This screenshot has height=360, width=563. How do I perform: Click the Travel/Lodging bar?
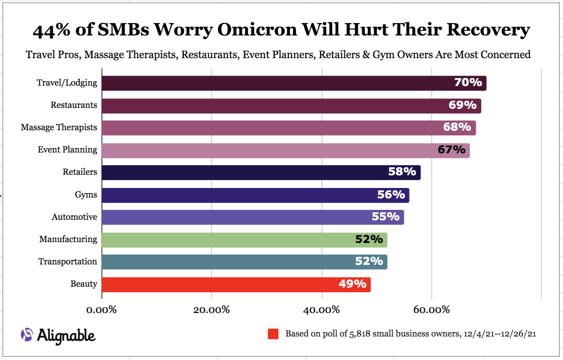tap(279, 83)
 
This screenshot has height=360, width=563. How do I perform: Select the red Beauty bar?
tap(223, 285)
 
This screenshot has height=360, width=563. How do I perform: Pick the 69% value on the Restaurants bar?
tap(462, 105)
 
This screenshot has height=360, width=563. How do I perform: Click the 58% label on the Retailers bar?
tap(402, 172)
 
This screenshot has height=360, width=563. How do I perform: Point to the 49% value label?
tap(352, 284)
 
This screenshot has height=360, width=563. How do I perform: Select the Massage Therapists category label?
tap(59, 127)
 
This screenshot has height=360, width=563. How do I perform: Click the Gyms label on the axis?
tap(86, 195)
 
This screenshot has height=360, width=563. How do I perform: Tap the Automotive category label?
tap(74, 217)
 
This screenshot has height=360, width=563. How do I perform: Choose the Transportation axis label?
tap(68, 262)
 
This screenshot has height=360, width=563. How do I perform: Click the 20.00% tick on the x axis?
tap(211, 310)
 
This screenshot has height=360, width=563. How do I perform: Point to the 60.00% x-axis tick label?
tap(432, 310)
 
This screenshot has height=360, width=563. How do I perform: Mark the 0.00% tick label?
tap(102, 310)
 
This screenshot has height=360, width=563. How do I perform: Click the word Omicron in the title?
tap(257, 30)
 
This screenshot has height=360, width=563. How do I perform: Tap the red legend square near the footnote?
tap(273, 334)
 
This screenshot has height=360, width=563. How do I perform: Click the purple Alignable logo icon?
tap(27, 335)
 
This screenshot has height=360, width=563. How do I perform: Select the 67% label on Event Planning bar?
tap(452, 150)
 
